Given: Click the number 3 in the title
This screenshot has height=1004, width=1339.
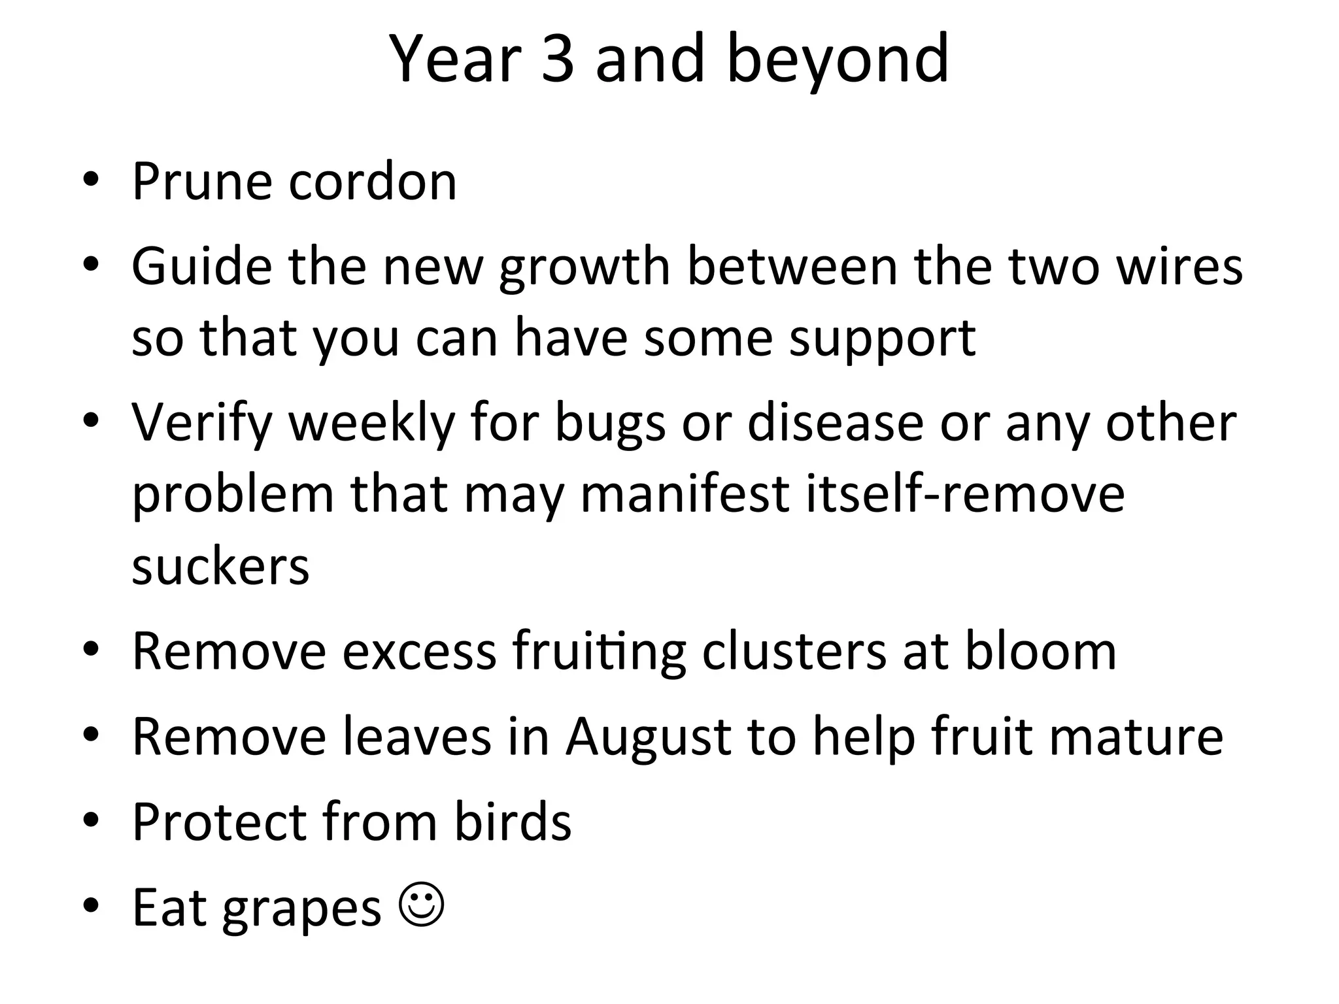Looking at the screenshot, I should pyautogui.click(x=558, y=59).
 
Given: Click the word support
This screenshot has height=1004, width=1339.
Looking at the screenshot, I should pyautogui.click(x=883, y=339).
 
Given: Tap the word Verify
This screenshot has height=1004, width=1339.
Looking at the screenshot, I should pyautogui.click(x=201, y=423).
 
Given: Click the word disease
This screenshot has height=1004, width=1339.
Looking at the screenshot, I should pyautogui.click(x=836, y=423).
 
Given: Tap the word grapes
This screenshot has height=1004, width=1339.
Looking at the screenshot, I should pyautogui.click(x=301, y=909).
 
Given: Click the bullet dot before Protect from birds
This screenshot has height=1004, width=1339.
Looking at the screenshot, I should pyautogui.click(x=91, y=820).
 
